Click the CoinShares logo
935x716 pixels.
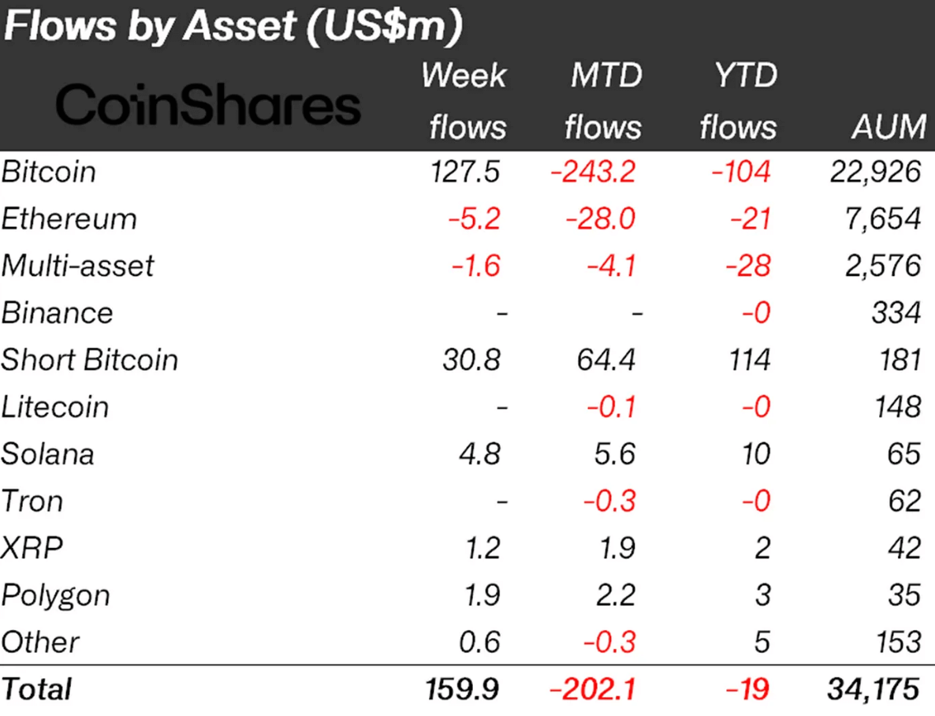208,105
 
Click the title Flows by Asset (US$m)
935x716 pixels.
233,28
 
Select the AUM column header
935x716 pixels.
888,126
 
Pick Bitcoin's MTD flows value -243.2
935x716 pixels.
593,172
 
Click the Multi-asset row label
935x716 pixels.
78,266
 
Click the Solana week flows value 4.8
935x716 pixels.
481,453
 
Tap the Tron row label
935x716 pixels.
32,501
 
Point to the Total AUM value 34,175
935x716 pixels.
874,690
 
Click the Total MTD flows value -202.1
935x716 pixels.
593,690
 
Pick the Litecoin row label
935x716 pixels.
55,407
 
